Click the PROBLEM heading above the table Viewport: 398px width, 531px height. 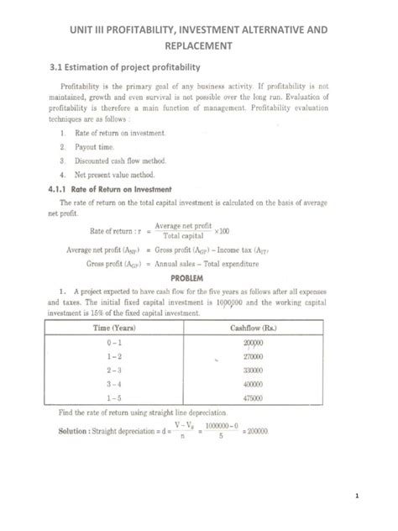coord(199,276)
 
